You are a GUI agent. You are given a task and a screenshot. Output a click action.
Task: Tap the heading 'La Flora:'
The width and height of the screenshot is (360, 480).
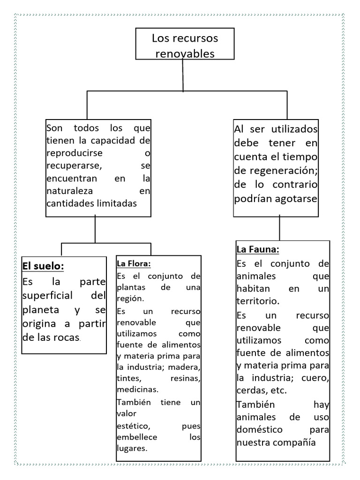[134, 263]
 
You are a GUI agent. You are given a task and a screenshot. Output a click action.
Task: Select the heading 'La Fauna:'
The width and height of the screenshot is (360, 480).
[258, 249]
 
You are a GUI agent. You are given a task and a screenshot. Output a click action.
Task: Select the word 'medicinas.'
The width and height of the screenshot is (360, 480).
[138, 389]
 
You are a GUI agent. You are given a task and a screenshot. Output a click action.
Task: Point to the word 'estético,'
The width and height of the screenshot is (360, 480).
[134, 426]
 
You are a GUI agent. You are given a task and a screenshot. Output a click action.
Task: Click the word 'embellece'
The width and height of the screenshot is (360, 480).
[137, 437]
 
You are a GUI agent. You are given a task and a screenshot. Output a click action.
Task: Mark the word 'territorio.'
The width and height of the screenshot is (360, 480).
[258, 301]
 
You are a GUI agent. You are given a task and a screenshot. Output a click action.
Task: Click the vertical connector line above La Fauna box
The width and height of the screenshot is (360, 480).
[280, 228]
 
